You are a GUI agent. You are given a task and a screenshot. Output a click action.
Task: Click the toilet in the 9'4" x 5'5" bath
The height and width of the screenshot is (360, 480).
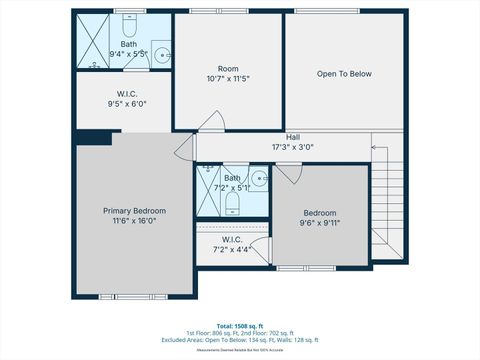pos(129,22)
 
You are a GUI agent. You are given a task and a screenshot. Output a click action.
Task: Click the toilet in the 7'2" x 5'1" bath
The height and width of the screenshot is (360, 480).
pos(232,205)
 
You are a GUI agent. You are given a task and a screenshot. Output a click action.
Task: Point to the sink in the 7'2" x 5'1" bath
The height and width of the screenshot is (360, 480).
pos(258,179)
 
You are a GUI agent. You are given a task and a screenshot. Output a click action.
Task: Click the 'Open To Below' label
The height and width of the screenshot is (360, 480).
pos(344,74)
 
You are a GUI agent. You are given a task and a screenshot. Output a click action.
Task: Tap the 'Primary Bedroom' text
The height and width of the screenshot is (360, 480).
pos(134,211)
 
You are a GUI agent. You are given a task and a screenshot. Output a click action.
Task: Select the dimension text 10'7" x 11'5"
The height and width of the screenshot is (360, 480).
pos(228,78)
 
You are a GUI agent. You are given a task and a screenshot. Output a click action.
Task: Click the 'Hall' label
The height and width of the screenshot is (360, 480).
pos(293,137)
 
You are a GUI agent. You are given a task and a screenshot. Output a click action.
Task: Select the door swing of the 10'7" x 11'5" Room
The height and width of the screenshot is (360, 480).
pos(209,122)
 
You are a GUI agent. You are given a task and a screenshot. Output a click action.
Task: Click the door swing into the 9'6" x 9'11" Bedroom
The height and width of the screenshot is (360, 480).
pos(287,173)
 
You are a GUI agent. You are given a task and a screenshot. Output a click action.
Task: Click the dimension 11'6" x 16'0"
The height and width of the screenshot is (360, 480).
pos(134,221)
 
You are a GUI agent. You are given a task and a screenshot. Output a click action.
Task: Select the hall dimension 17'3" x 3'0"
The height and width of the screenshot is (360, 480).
pos(293,147)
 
